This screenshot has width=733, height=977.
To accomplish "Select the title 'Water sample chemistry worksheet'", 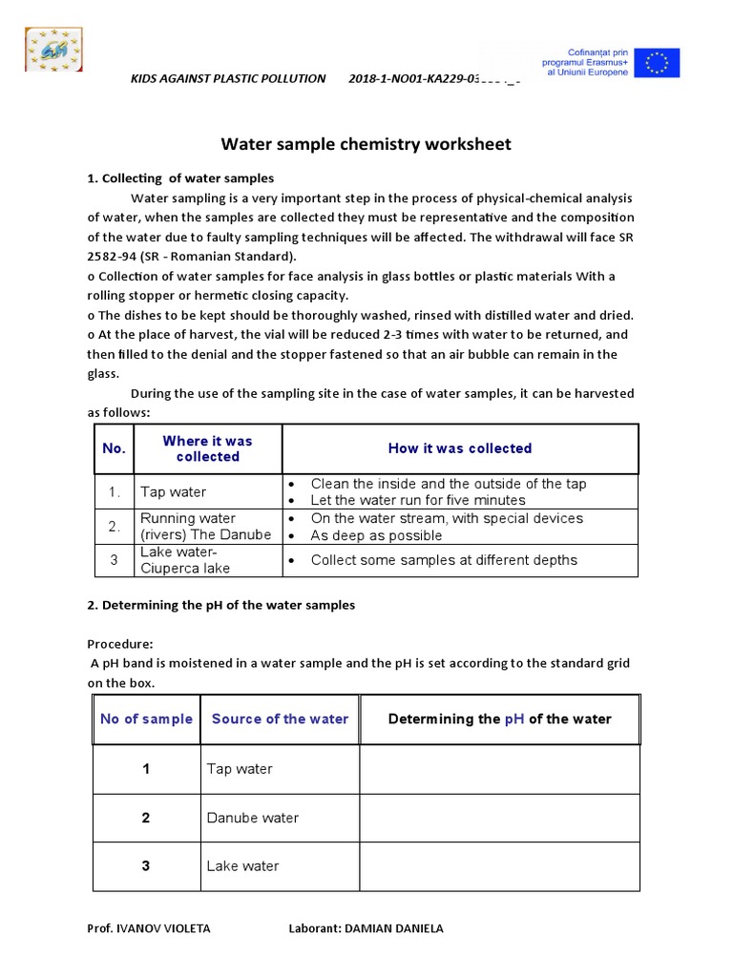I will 366,144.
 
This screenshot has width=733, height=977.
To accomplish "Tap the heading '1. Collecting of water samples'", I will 180,178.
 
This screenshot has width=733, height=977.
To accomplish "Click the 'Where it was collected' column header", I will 207,448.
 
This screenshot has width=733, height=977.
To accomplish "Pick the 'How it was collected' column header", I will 459,448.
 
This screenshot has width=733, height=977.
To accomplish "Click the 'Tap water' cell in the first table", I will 173,492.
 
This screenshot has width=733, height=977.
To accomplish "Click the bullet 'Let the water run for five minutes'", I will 417,500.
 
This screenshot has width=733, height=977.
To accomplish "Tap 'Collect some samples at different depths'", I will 443,560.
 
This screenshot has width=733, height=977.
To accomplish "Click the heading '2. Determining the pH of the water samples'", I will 220,605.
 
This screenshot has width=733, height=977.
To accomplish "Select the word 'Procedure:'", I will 120,644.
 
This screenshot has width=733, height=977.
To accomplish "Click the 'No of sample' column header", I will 146,719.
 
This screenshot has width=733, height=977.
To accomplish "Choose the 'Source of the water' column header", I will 280,719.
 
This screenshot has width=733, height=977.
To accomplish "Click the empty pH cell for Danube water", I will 499,818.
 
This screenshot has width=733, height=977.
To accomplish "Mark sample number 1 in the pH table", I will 146,769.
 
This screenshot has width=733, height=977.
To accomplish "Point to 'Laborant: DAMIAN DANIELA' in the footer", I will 366,928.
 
